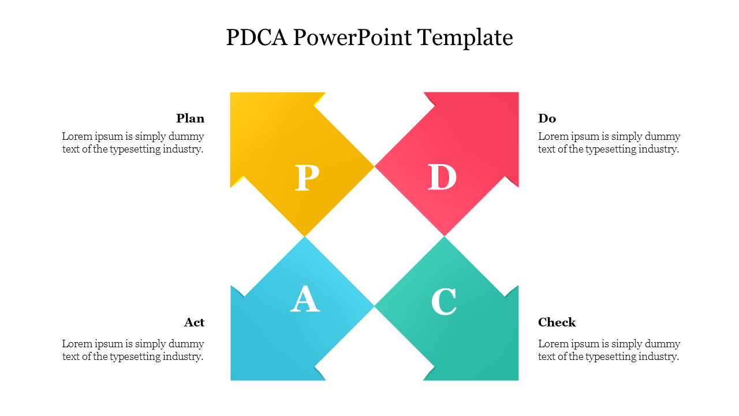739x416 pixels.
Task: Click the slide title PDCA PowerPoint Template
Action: coord(369,38)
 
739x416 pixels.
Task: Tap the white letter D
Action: coord(442,177)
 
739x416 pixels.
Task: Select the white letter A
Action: coord(305,299)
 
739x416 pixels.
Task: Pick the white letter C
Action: coord(444,302)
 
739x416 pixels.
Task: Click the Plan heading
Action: coord(191,118)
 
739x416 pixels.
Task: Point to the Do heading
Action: coord(547,118)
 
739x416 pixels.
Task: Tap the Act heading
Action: coord(195,322)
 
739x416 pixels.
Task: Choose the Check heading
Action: coord(557,322)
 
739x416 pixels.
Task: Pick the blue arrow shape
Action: coord(271,341)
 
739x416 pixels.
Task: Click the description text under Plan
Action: coord(133,143)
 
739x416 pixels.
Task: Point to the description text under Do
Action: coord(609,143)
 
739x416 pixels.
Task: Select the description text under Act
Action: coord(133,350)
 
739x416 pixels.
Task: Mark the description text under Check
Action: coord(609,350)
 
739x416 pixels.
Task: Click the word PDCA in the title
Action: coord(257,38)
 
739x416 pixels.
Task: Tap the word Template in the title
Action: coord(465,38)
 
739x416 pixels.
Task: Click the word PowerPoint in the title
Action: coord(353,38)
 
